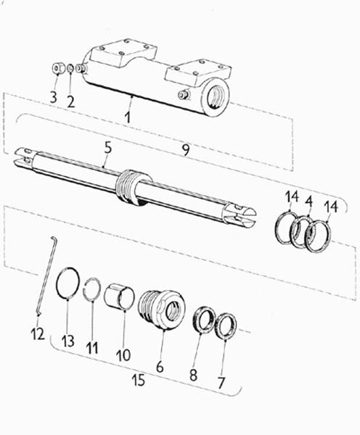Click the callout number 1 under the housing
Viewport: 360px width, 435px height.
tap(128, 117)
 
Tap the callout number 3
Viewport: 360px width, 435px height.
tap(54, 97)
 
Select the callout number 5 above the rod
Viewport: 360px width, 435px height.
tap(107, 148)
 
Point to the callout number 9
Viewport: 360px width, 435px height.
tap(186, 150)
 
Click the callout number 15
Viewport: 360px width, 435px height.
tap(139, 380)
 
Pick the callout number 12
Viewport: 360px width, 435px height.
tap(38, 333)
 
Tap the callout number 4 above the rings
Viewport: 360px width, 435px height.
tap(308, 202)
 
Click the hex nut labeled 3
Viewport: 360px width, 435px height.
tap(57, 69)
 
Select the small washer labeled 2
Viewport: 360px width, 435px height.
tap(70, 68)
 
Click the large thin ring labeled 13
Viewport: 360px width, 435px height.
tap(57, 278)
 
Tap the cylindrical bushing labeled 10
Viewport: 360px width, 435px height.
tap(120, 297)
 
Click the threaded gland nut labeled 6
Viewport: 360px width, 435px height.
tap(162, 309)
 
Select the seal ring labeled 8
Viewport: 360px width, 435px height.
tap(204, 320)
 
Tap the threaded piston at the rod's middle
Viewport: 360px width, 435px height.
tap(129, 186)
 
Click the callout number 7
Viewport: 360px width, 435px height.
tap(221, 383)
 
